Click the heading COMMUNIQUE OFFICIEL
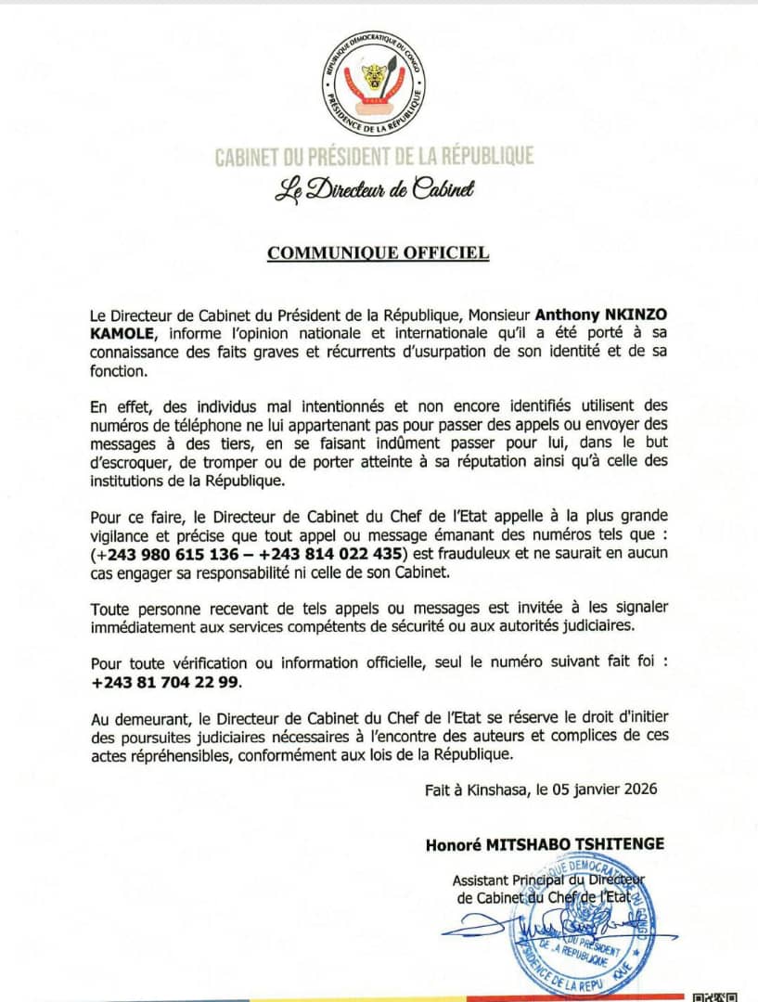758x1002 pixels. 378,252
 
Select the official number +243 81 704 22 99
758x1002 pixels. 166,683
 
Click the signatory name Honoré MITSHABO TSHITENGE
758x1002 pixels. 545,844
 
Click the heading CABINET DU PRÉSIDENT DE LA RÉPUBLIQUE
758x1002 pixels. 375,156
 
